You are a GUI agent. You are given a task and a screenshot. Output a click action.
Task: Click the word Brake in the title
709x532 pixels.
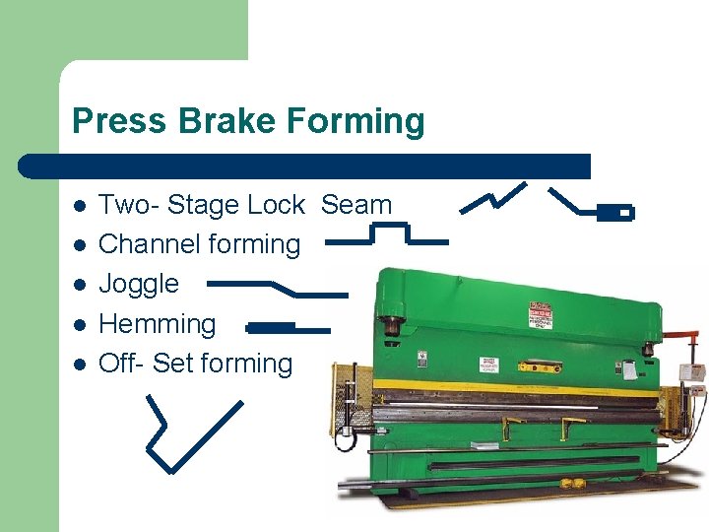pos(209,121)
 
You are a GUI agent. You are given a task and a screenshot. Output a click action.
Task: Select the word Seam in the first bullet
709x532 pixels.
pos(356,205)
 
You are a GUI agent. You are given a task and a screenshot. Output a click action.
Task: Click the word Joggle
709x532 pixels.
pos(139,284)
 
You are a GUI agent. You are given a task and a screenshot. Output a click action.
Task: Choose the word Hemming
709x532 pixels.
pos(158,323)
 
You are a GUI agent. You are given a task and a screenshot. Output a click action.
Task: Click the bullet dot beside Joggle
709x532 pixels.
pos(80,285)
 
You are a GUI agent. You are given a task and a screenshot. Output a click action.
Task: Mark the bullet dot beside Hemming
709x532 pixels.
pos(80,324)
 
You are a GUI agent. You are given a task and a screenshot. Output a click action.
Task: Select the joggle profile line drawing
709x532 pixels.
pos(279,288)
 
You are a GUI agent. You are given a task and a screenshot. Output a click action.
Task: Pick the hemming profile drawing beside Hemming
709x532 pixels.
pos(287,327)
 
